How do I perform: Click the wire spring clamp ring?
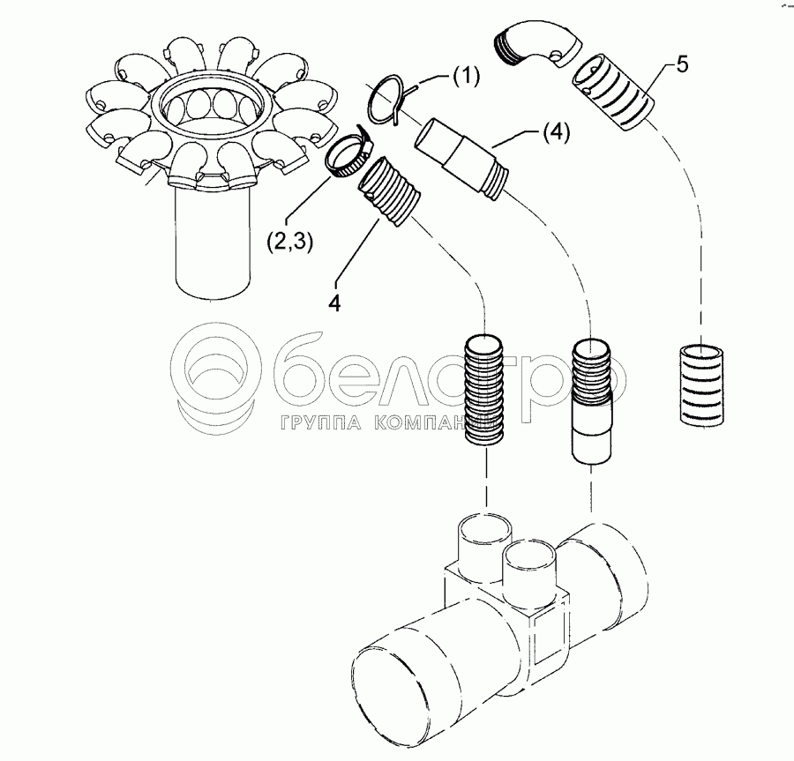tap(388, 95)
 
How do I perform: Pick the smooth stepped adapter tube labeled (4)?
tap(464, 154)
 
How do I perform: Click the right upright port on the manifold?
tap(532, 566)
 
